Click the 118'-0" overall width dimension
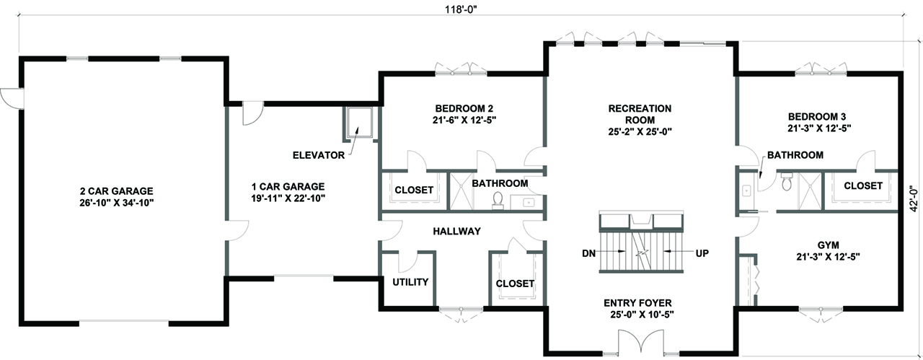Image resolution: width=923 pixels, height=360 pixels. [461, 9]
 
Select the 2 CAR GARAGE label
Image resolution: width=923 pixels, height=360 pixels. [116, 197]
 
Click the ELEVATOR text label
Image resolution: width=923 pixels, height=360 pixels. [317, 155]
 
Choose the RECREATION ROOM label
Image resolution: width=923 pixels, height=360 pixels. [639, 120]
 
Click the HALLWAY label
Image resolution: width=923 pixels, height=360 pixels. [456, 231]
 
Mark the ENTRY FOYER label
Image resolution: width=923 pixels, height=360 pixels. [639, 309]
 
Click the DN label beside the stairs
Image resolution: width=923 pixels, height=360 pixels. [588, 254]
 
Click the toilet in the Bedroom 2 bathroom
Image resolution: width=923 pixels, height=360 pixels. [498, 201]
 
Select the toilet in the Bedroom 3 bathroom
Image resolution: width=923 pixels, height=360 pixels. [787, 182]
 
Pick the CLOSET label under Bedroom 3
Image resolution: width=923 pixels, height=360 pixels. [862, 185]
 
